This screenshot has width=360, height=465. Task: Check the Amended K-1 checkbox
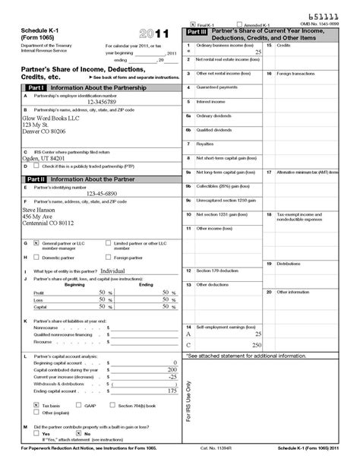pos(240,24)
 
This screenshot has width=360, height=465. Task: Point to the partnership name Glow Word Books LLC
pos(51,119)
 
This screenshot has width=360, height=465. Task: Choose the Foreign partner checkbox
pos(107,258)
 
